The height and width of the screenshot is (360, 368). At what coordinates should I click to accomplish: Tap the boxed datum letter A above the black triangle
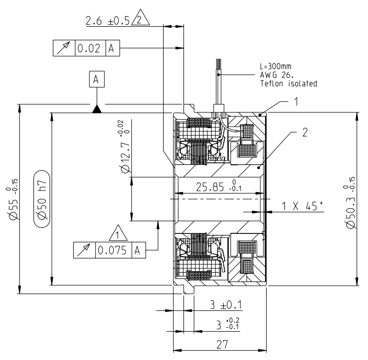(x=96, y=80)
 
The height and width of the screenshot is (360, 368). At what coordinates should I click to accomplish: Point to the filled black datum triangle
(x=96, y=108)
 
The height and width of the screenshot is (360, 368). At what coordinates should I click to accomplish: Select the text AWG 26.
(x=273, y=75)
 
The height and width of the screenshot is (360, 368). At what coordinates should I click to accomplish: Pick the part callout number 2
(x=305, y=132)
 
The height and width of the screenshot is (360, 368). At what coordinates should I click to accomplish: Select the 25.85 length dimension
(x=220, y=187)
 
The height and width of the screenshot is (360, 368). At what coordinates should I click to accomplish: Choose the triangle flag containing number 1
(x=118, y=231)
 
